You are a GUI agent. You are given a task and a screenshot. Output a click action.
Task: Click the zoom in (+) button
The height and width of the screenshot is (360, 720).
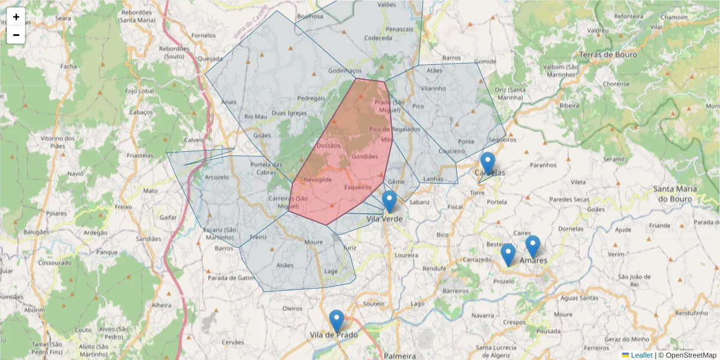[x=16, y=17]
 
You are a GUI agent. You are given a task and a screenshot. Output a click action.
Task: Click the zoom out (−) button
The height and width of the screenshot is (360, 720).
[x=16, y=35]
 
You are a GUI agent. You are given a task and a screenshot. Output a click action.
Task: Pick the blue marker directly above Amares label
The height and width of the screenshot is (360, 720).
[x=533, y=247]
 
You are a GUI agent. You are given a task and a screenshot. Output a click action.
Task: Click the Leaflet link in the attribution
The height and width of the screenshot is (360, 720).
[x=641, y=355]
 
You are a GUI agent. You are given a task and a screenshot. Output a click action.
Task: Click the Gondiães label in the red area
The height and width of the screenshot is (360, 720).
[x=365, y=157]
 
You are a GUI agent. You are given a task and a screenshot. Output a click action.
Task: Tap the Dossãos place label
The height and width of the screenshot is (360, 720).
[x=328, y=145]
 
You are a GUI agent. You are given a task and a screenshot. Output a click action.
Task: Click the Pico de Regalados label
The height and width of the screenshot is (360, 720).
[x=395, y=129]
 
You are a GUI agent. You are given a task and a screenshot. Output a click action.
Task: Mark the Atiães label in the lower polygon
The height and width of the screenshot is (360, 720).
[x=286, y=265]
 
